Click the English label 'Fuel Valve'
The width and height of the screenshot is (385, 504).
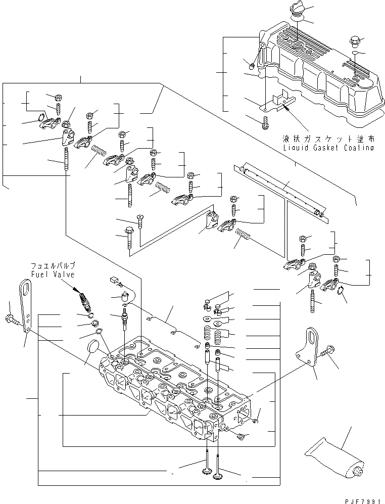point(53,274)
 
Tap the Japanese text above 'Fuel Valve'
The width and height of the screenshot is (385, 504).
point(53,266)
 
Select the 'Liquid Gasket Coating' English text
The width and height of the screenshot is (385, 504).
point(328,148)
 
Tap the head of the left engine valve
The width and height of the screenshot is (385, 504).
point(207,472)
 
